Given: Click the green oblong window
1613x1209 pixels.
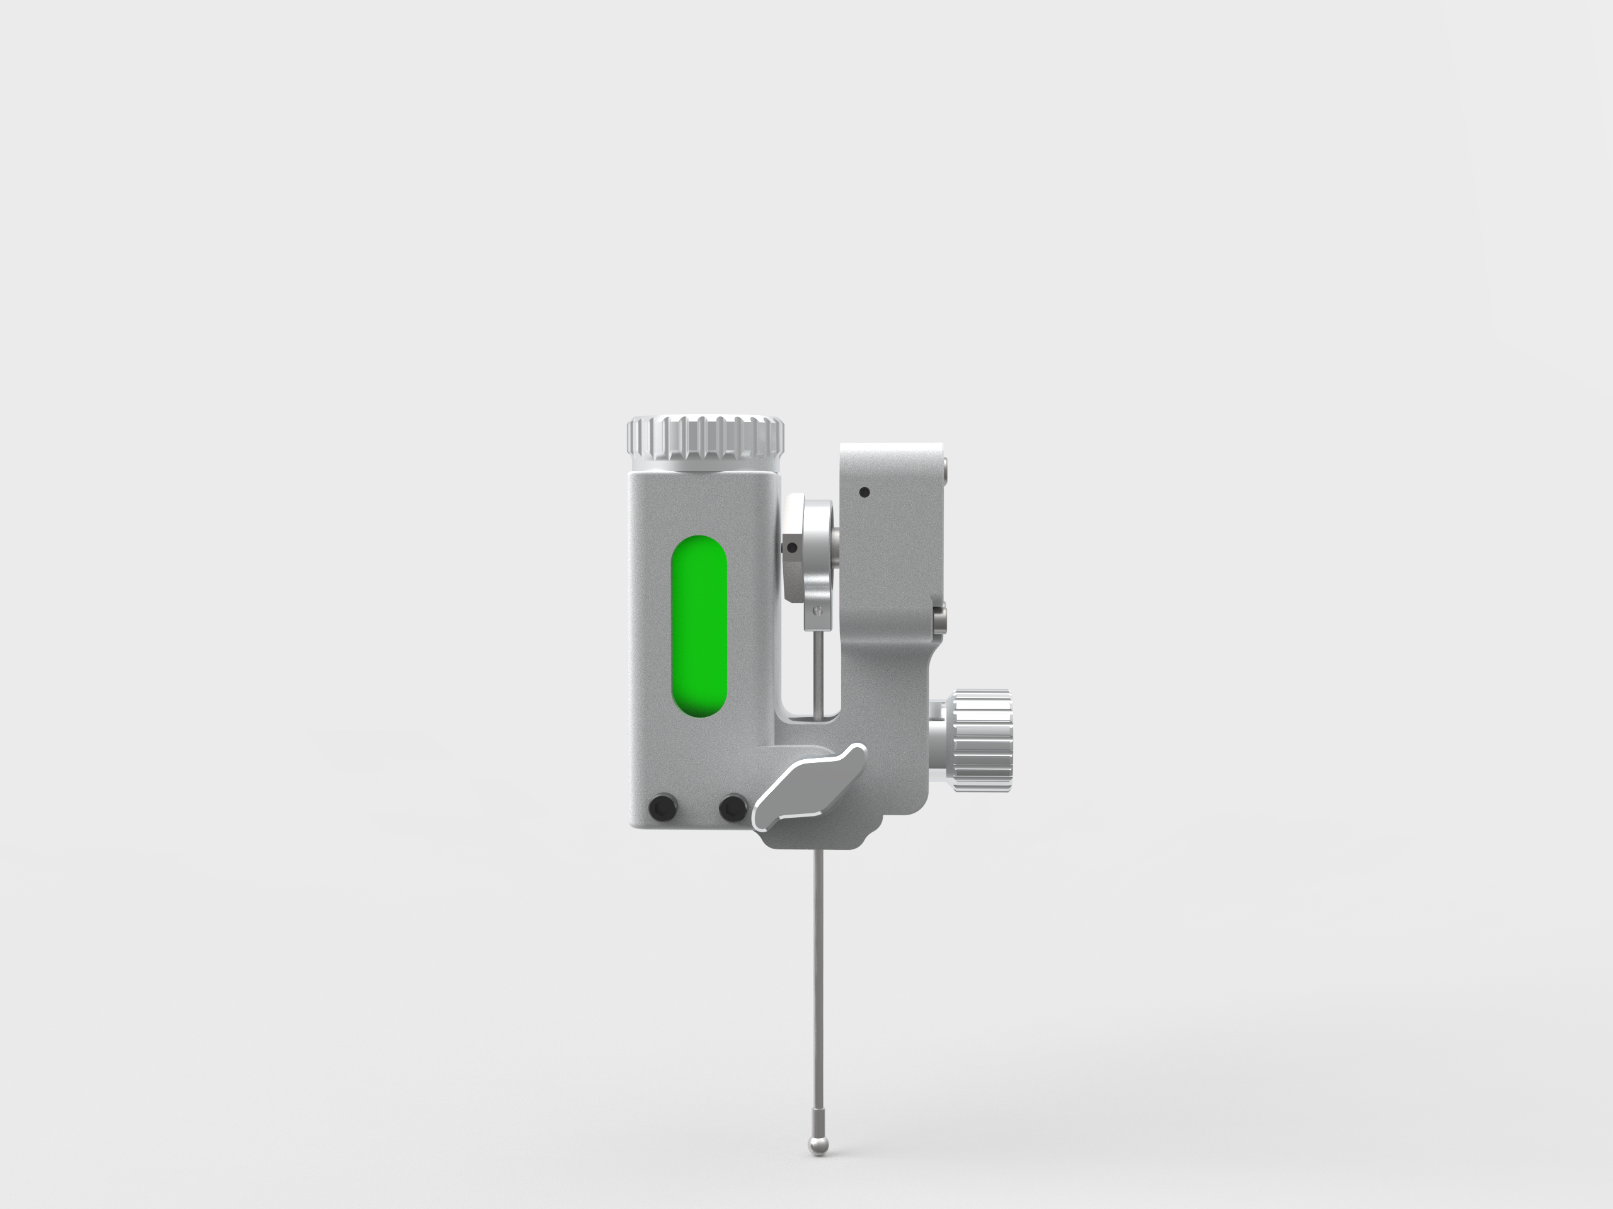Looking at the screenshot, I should click(x=699, y=626).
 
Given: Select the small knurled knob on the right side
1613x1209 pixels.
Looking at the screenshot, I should click(x=982, y=740).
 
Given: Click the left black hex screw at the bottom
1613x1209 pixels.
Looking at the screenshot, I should click(x=662, y=807).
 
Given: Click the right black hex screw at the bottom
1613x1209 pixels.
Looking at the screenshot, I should click(x=732, y=807).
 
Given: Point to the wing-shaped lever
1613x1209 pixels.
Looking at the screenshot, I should click(x=810, y=788).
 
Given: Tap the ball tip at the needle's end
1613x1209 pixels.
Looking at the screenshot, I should click(x=819, y=1146).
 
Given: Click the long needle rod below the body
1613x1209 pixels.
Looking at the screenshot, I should click(x=818, y=985).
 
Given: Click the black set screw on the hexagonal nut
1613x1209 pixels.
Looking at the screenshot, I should click(x=792, y=547).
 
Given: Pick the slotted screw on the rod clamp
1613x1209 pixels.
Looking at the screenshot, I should click(x=817, y=612).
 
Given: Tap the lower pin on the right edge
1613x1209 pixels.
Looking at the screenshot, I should click(x=941, y=619).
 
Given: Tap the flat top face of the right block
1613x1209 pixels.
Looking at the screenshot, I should click(x=890, y=446).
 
